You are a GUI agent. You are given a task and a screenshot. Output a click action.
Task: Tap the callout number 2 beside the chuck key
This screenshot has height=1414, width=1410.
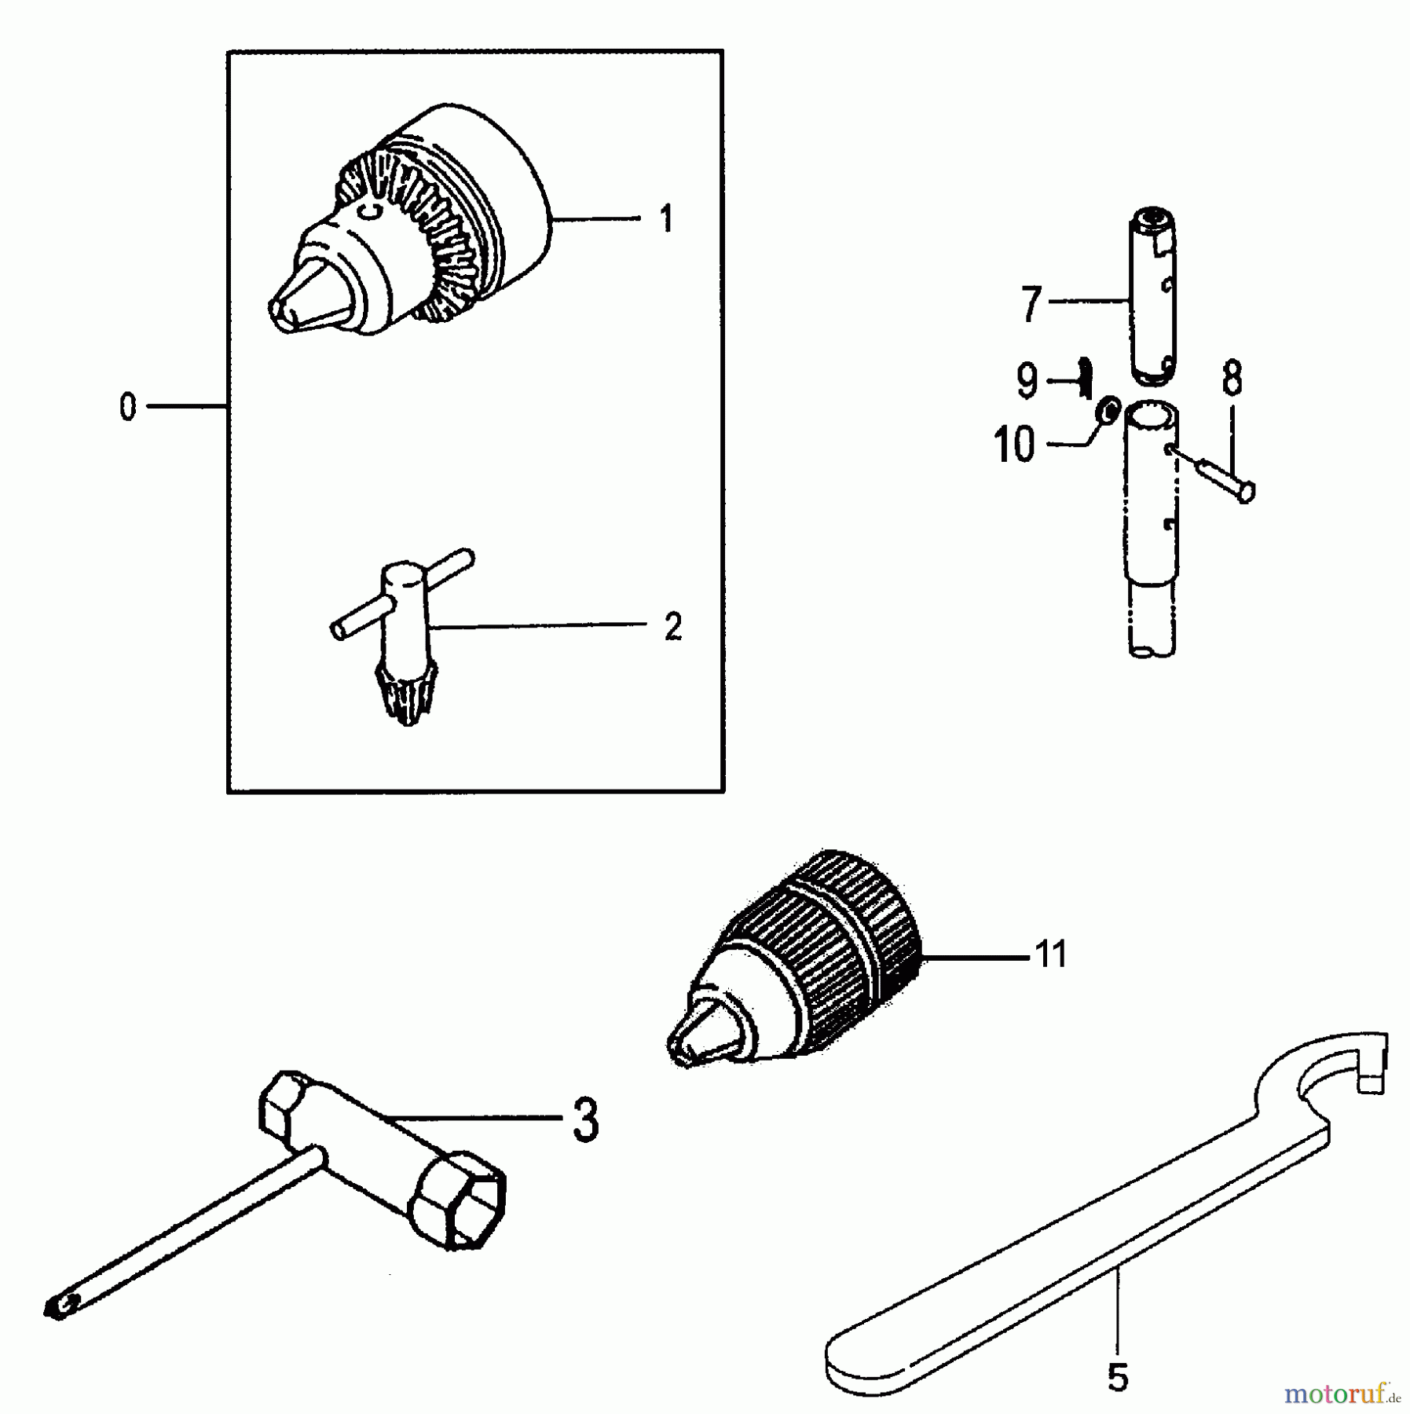click(672, 627)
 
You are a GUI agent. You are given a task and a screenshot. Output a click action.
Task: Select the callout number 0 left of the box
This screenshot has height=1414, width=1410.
click(127, 407)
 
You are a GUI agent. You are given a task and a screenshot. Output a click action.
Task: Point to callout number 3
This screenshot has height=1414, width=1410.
click(585, 1120)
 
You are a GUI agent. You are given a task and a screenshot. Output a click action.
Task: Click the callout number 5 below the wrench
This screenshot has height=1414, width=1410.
click(1117, 1377)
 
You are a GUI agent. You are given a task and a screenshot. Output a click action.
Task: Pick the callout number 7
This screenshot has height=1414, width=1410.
click(1031, 305)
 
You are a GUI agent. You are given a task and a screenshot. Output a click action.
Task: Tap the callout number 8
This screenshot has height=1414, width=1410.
click(1232, 379)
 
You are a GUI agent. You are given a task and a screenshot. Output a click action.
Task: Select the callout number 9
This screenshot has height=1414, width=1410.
click(1027, 381)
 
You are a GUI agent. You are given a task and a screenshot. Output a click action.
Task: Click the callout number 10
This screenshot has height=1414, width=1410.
click(1014, 445)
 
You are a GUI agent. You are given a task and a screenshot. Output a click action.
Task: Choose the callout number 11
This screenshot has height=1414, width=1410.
click(1051, 954)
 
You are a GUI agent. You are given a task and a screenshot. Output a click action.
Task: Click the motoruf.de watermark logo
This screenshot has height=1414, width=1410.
click(1342, 1395)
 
